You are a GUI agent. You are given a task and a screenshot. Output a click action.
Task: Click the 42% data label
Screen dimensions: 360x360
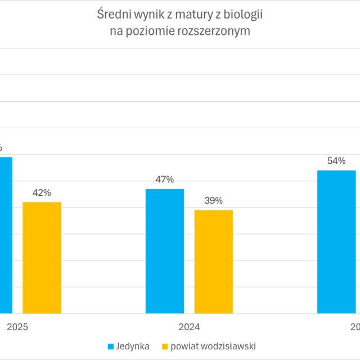pos(42,193)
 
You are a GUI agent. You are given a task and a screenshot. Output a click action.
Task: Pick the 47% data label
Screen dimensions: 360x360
pos(164,179)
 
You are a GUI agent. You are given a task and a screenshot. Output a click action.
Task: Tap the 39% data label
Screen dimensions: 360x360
pos(214,201)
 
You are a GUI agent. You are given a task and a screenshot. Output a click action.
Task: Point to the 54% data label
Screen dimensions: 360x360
pos(336,161)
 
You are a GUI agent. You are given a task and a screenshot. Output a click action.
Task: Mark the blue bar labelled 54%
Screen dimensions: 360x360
pos(336,241)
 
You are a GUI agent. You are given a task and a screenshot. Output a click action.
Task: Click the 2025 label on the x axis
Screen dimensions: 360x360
pos(17,327)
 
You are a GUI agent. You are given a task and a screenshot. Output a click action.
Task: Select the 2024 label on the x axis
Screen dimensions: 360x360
pos(189,327)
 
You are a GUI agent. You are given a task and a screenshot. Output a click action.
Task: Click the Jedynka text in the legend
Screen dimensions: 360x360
pos(133,346)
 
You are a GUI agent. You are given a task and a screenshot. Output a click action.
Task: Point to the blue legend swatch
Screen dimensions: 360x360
pos(111,346)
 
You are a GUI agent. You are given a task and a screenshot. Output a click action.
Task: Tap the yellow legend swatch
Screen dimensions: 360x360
pos(165,346)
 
